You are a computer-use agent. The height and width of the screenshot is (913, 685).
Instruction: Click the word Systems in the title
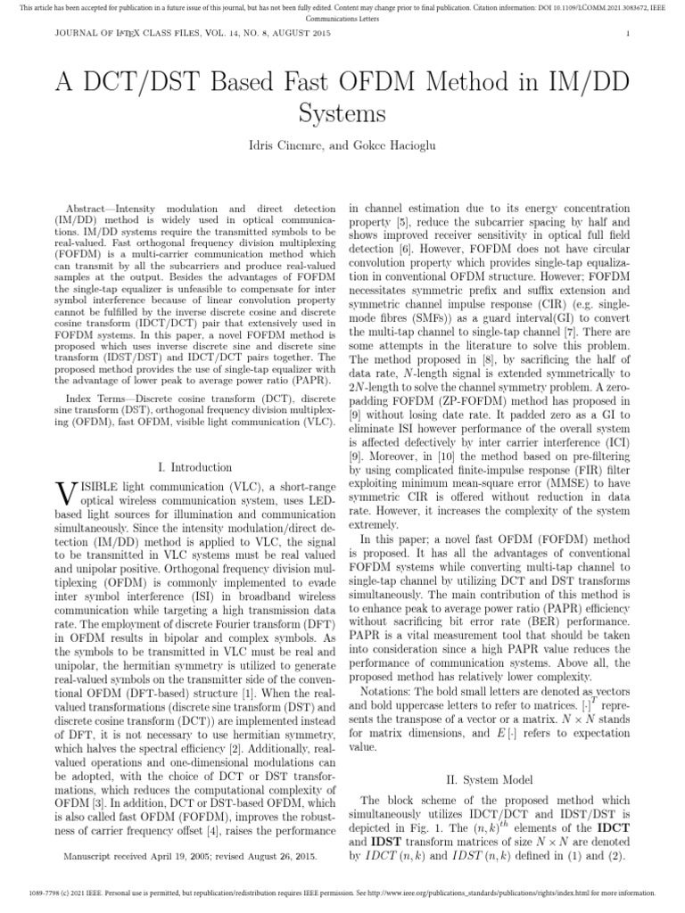coord(342,113)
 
